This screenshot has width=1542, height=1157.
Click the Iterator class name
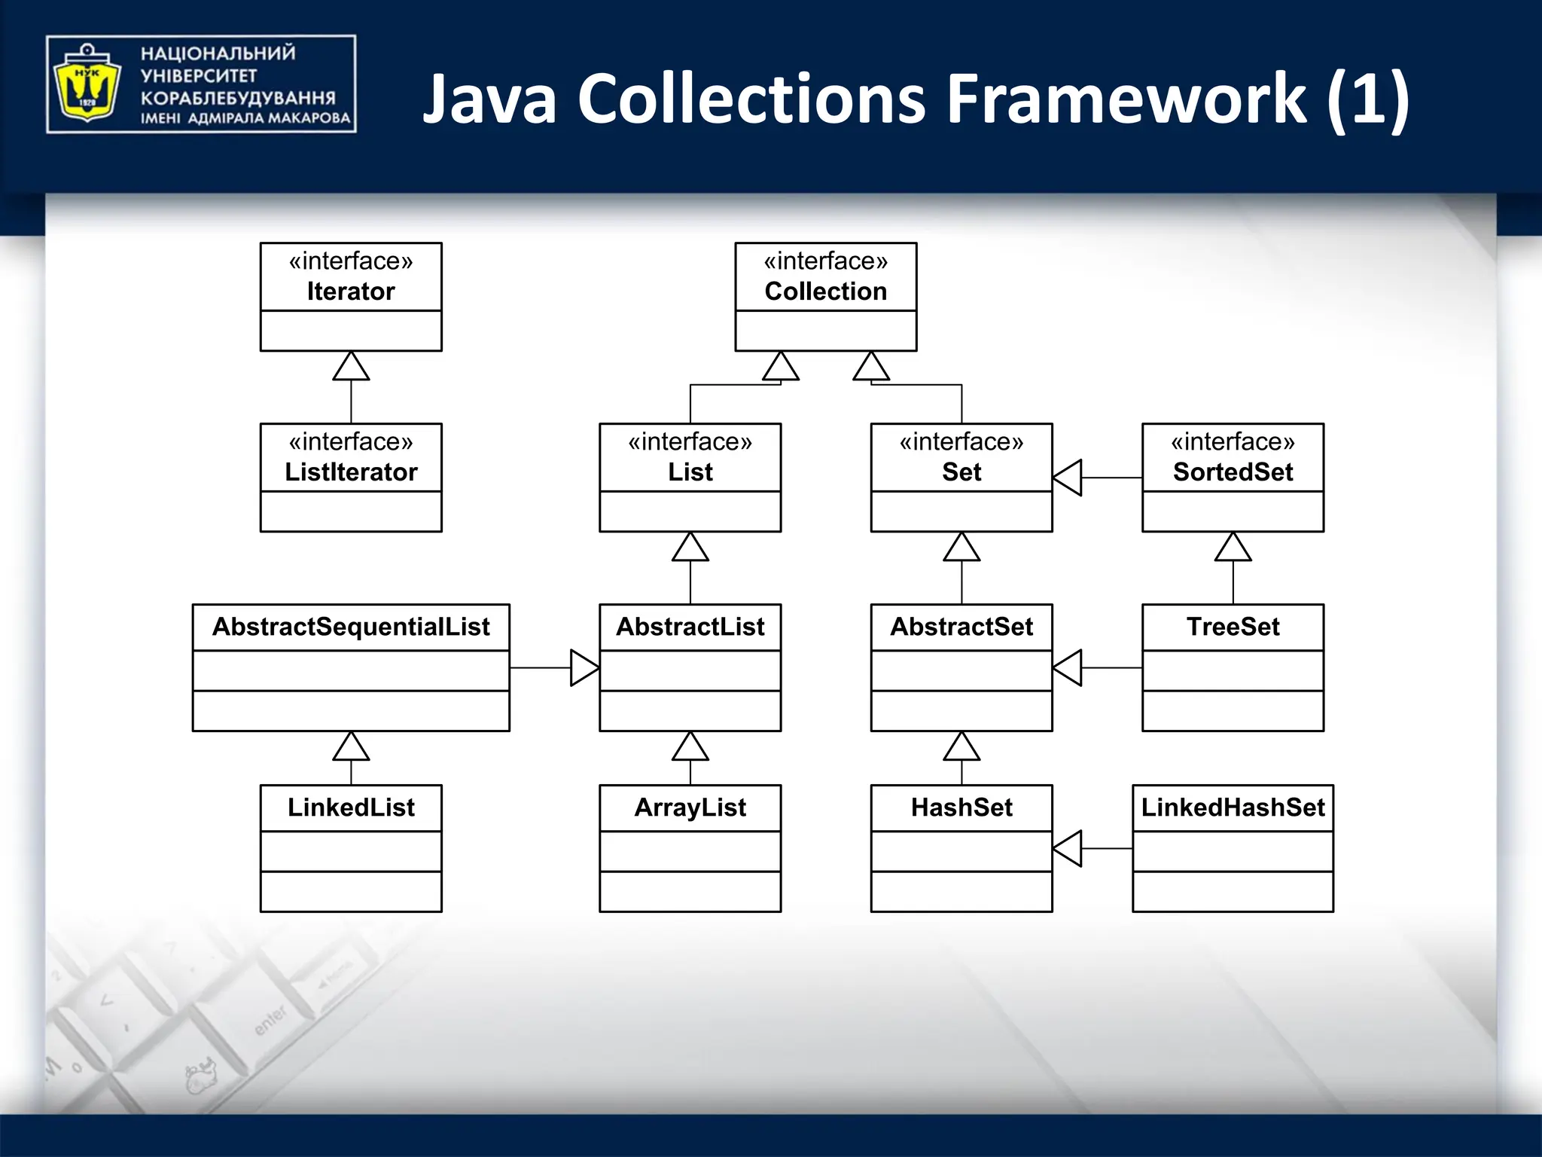coord(351,292)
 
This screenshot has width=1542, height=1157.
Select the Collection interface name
coord(825,292)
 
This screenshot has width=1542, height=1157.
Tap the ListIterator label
coord(351,472)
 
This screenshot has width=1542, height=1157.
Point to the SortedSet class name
coord(1233,472)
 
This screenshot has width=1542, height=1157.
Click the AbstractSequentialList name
coord(351,627)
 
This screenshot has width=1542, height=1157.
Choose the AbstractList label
coord(690,627)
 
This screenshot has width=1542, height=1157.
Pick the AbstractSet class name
coord(961,627)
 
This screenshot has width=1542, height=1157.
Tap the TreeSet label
coord(1233,627)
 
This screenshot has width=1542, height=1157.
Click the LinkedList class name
coord(351,807)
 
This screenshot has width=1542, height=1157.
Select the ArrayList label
coord(690,807)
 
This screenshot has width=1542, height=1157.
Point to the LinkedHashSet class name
coord(1233,807)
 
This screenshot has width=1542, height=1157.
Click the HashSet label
coord(961,807)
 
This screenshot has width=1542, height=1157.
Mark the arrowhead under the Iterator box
coord(351,367)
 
